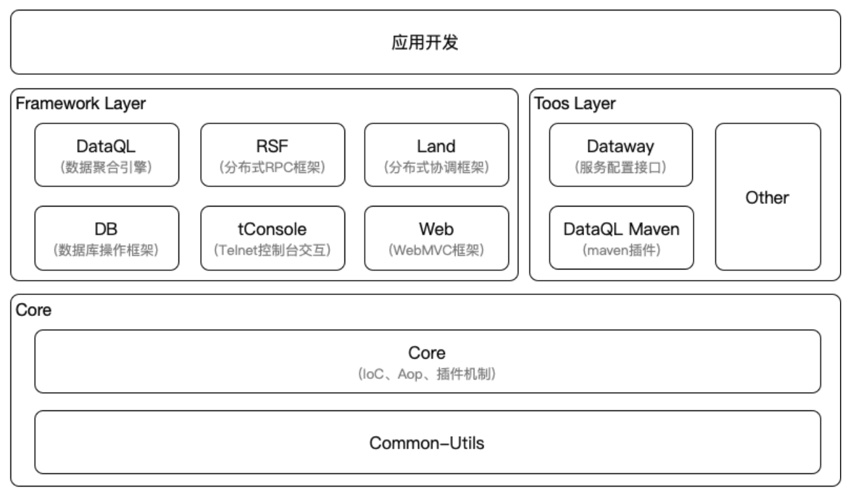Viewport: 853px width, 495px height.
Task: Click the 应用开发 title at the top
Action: pyautogui.click(x=425, y=43)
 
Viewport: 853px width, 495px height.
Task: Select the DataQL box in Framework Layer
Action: pyautogui.click(x=107, y=155)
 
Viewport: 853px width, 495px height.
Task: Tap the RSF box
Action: pyautogui.click(x=272, y=155)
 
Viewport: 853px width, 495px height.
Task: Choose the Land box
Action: pyautogui.click(x=436, y=155)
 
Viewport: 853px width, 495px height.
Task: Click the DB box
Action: pyautogui.click(x=107, y=237)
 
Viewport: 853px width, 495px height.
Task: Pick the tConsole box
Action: pyautogui.click(x=272, y=237)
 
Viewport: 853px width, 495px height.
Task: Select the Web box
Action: pyautogui.click(x=436, y=237)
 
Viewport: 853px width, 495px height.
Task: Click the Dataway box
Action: pyautogui.click(x=621, y=155)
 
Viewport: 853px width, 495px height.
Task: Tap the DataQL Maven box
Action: pyautogui.click(x=621, y=237)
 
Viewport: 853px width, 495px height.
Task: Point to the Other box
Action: pyautogui.click(x=768, y=197)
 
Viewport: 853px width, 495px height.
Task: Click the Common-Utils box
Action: pyautogui.click(x=427, y=443)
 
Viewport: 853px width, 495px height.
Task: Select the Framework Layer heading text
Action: pyautogui.click(x=81, y=104)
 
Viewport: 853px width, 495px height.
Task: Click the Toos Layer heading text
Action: pyautogui.click(x=575, y=104)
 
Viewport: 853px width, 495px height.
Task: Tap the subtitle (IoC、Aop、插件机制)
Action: pyautogui.click(x=427, y=375)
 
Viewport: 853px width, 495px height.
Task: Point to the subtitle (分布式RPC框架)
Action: pyautogui.click(x=272, y=167)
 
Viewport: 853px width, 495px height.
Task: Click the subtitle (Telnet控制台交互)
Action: pyautogui.click(x=272, y=250)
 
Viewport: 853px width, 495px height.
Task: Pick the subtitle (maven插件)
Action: pyautogui.click(x=621, y=250)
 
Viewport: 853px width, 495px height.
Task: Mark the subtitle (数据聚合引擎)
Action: pyautogui.click(x=107, y=167)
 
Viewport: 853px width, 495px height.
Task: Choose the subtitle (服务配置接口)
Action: pyautogui.click(x=621, y=167)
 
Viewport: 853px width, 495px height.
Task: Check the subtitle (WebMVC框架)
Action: pyautogui.click(x=436, y=250)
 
